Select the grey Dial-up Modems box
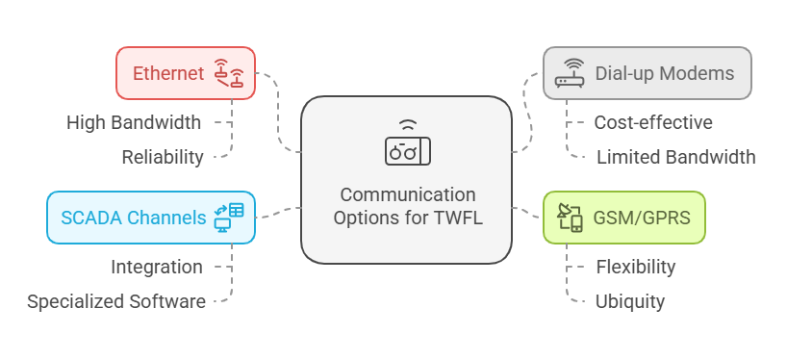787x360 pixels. click(647, 73)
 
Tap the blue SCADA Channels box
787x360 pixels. click(151, 217)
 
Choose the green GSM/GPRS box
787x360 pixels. click(623, 217)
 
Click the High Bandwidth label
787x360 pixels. click(134, 122)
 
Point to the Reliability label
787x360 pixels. click(163, 157)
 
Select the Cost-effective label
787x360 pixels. click(653, 122)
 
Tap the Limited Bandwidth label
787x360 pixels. click(675, 157)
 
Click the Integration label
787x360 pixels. click(157, 267)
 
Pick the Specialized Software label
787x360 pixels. click(116, 301)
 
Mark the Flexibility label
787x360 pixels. click(636, 267)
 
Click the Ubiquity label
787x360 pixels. click(630, 301)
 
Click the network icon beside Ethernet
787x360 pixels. click(229, 73)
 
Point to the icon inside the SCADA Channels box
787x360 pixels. click(229, 217)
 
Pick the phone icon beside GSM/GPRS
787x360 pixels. click(571, 218)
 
